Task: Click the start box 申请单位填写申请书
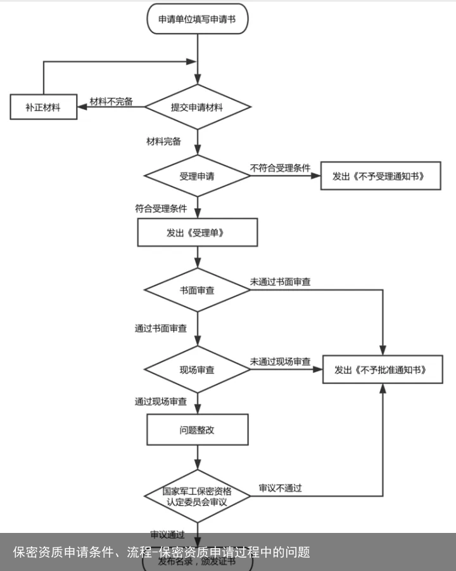(x=197, y=20)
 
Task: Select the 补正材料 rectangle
(x=43, y=107)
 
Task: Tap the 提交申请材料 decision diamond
(x=197, y=107)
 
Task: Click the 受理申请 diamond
(x=197, y=176)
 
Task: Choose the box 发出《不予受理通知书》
(x=381, y=176)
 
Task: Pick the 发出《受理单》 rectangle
(x=197, y=233)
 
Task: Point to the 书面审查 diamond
(x=197, y=290)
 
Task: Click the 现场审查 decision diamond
(x=197, y=370)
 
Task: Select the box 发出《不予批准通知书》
(x=383, y=370)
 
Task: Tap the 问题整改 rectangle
(x=197, y=430)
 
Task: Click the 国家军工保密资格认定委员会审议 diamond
(x=197, y=496)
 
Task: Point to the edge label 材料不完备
(x=111, y=102)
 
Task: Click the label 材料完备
(x=163, y=141)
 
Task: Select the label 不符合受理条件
(x=281, y=168)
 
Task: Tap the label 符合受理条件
(x=161, y=208)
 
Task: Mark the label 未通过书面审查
(x=281, y=282)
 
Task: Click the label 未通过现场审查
(x=281, y=362)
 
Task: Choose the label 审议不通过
(x=280, y=488)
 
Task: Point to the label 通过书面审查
(x=161, y=328)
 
